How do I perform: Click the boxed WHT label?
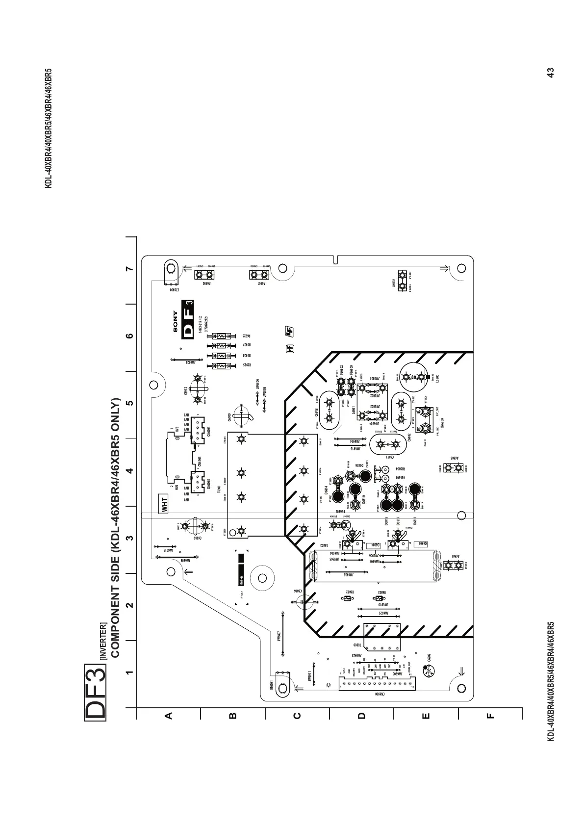pos(165,505)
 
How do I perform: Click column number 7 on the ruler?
pos(129,269)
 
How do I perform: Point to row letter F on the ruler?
pos(490,716)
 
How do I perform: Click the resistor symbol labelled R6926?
pos(221,336)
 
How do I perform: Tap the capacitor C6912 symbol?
pos(197,389)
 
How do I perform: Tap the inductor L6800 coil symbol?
pos(414,377)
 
